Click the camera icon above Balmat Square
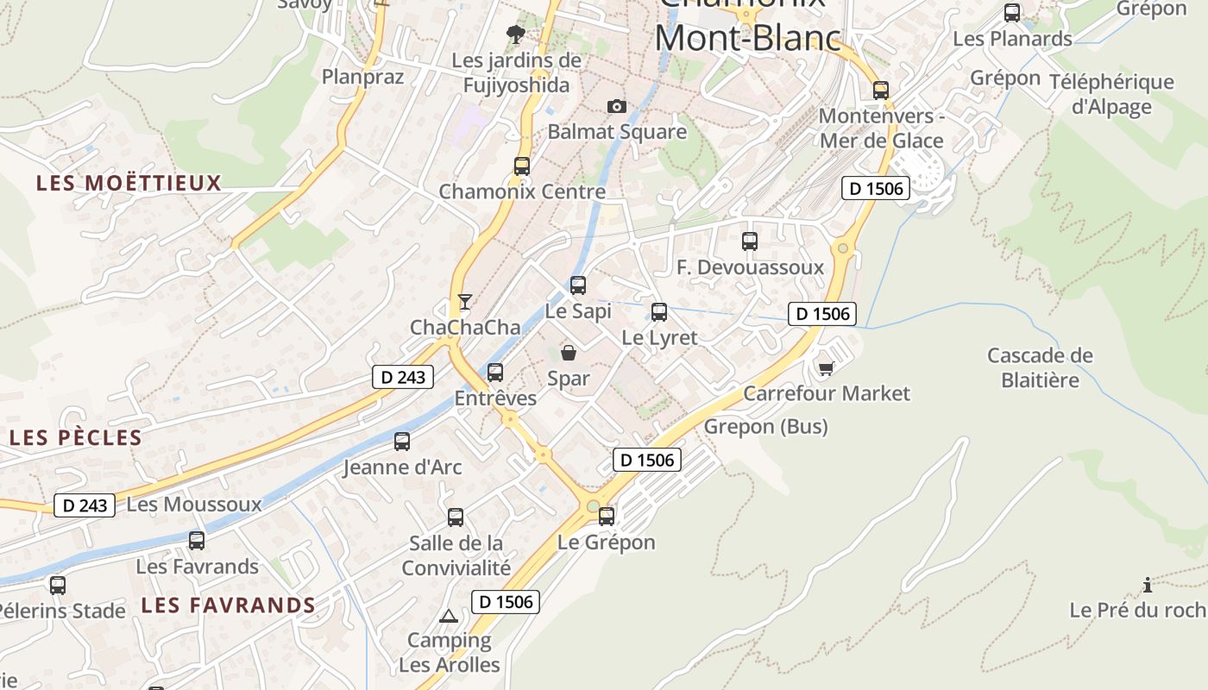point(616,106)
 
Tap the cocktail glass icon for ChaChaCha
point(465,301)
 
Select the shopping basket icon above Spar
point(569,352)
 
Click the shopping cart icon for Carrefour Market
point(826,368)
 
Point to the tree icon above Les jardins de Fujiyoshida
point(516,34)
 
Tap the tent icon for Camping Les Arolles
point(448,616)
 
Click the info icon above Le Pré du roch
point(1147,586)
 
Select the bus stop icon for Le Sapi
point(578,285)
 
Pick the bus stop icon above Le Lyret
point(659,311)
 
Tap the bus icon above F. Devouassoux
point(750,241)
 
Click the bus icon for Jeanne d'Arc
point(402,442)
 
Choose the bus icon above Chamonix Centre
point(522,166)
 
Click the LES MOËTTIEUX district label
point(129,183)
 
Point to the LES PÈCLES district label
point(76,437)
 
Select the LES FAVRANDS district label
point(229,605)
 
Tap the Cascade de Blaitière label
point(1040,367)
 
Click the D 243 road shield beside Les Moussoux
point(85,505)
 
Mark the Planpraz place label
point(362,77)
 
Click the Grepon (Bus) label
point(765,426)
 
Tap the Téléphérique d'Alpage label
point(1111,94)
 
